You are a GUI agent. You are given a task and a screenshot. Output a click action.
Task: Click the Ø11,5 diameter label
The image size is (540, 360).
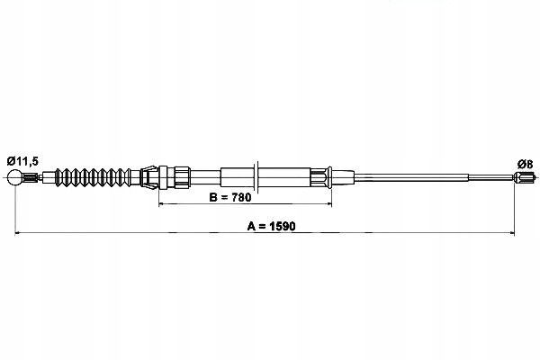(x=22, y=161)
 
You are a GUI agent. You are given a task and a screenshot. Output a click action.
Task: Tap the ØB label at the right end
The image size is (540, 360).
(x=525, y=165)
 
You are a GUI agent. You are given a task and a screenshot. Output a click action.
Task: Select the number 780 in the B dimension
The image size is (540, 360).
(x=241, y=198)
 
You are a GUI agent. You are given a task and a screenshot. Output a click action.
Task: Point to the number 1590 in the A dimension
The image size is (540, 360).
(x=283, y=226)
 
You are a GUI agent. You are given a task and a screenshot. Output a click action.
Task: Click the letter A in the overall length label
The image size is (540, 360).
(x=251, y=226)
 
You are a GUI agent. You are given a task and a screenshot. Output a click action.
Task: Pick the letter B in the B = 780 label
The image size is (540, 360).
(x=212, y=198)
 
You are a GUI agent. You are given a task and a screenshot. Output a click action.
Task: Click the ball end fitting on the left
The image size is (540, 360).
(x=14, y=177)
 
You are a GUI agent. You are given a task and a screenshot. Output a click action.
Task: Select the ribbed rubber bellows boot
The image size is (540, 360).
(x=93, y=178)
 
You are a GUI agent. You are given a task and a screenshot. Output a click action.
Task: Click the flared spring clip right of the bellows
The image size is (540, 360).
(x=148, y=177)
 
